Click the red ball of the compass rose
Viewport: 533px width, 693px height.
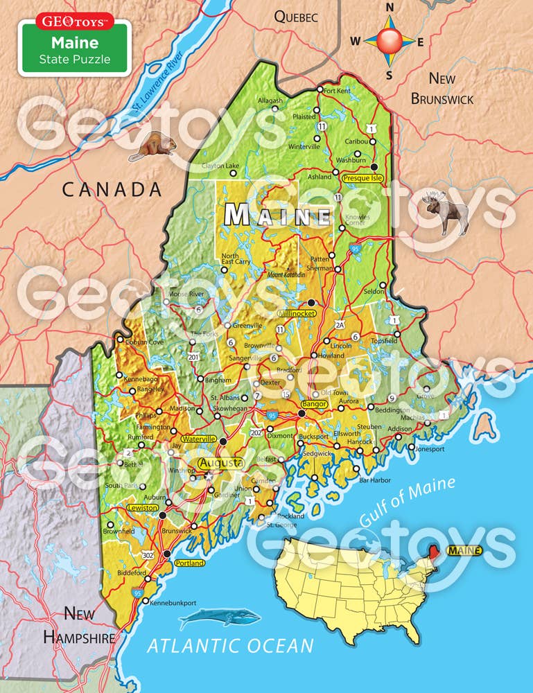pyautogui.click(x=389, y=41)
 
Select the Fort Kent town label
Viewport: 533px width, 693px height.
pyautogui.click(x=338, y=91)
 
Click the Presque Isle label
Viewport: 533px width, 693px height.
pyautogui.click(x=362, y=178)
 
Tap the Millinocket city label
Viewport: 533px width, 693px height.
pyautogui.click(x=297, y=314)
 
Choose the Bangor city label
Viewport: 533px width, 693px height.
pyautogui.click(x=313, y=403)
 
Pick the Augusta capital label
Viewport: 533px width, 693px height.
pyautogui.click(x=220, y=462)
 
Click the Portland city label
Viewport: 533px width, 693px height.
pyautogui.click(x=190, y=563)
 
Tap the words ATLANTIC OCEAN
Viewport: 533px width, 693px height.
pyautogui.click(x=230, y=646)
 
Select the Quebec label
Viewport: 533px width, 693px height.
pyautogui.click(x=295, y=17)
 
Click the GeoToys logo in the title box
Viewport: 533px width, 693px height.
pyautogui.click(x=75, y=21)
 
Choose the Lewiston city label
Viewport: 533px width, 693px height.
pyautogui.click(x=143, y=508)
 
